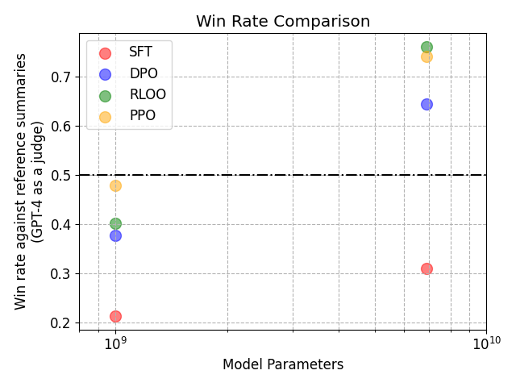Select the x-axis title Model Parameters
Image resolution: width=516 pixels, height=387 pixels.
tap(283, 364)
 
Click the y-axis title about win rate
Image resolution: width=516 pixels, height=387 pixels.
tap(30, 181)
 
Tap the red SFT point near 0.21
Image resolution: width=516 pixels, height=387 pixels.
tap(115, 316)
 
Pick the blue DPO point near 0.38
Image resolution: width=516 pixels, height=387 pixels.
tap(115, 235)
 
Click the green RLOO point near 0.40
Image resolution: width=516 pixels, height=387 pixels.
tap(115, 223)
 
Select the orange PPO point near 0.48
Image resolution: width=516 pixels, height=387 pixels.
tap(115, 185)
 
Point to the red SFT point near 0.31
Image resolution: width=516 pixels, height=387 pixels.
tap(427, 268)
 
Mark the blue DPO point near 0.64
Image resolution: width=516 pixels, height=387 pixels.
tap(427, 104)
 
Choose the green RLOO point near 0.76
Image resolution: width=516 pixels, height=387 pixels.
tap(427, 47)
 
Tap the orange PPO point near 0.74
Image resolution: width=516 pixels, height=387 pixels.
tap(427, 56)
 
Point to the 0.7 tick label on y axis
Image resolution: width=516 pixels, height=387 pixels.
tap(61, 77)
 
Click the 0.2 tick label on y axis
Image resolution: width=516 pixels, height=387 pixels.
tap(61, 323)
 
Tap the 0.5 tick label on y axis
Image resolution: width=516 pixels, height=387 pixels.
tap(61, 176)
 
